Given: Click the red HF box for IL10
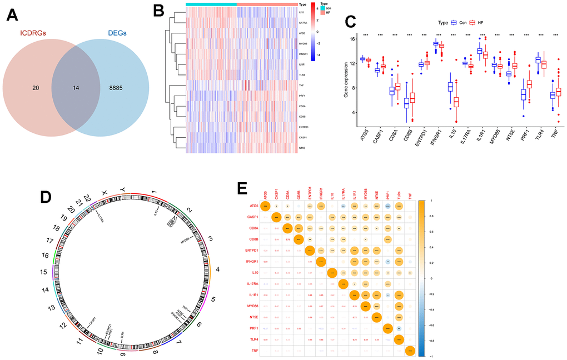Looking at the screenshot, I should [x=456, y=102].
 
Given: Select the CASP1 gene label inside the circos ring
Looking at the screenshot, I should [x=91, y=322].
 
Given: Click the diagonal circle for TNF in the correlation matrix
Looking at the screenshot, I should [x=410, y=350].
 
